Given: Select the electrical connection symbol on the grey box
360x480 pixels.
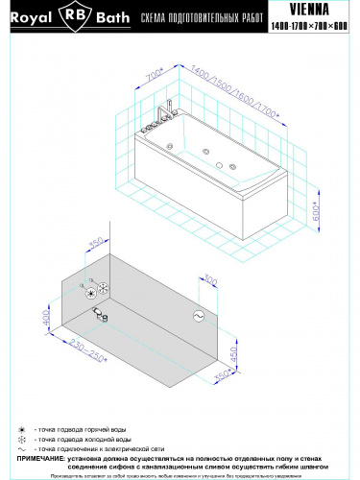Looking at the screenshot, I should click(201, 315).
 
